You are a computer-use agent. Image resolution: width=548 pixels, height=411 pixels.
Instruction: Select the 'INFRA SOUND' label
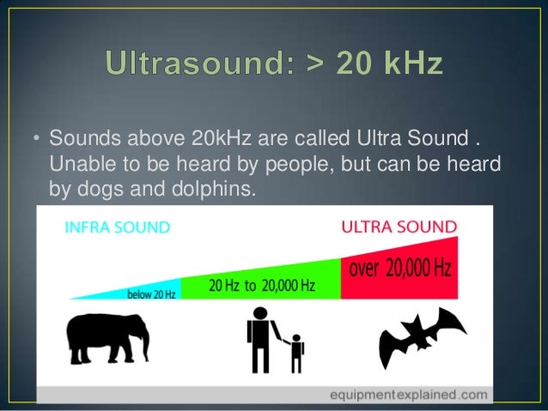(117, 227)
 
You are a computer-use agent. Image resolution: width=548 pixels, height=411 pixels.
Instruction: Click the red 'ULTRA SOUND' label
(399, 227)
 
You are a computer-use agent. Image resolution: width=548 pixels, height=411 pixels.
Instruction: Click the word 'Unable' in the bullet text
(76, 163)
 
